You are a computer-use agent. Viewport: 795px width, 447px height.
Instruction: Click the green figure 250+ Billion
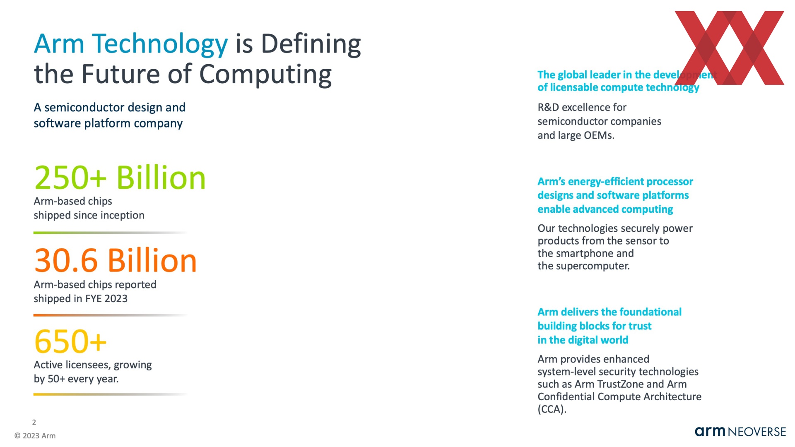(x=120, y=178)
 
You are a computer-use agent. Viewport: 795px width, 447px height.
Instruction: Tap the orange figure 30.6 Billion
(x=116, y=260)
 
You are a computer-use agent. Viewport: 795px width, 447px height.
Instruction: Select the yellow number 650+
(x=70, y=341)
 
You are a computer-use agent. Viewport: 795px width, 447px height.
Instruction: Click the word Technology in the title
(x=160, y=44)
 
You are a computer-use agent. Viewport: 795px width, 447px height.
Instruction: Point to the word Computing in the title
(x=265, y=74)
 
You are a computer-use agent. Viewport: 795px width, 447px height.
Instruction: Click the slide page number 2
(x=34, y=422)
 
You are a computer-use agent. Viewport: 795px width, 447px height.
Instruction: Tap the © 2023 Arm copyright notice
(x=35, y=436)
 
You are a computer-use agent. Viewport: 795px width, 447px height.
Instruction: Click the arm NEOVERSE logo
(x=740, y=432)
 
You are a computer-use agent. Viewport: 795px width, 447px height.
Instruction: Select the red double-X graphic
(x=730, y=48)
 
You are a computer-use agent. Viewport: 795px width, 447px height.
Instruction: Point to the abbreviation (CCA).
(x=552, y=409)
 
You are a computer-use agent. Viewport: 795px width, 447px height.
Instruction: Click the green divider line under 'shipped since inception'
(x=110, y=233)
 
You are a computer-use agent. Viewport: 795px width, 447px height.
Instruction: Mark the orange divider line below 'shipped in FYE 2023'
(x=110, y=315)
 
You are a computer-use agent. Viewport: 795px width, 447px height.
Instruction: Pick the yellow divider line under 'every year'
(x=110, y=394)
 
